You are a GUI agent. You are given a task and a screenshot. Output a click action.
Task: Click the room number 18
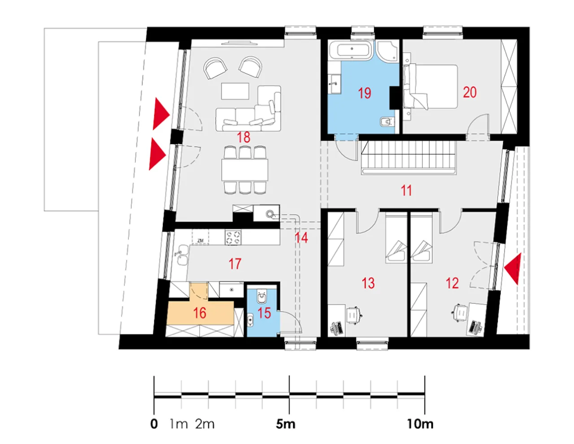(244, 138)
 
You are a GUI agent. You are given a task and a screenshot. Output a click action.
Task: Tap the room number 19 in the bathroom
(365, 93)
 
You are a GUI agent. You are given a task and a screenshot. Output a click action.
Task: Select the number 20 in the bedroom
(470, 92)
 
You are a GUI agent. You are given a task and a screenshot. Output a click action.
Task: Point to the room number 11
(406, 190)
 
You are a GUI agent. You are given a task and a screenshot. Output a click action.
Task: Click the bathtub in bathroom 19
(351, 50)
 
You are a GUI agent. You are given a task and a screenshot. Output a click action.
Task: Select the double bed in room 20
(430, 87)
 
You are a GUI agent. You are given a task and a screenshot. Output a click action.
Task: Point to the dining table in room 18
(244, 170)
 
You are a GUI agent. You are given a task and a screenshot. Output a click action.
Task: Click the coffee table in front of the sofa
(235, 91)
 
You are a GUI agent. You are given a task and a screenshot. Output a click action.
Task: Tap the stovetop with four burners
(233, 237)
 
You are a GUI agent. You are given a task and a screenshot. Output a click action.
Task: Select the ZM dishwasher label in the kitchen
(200, 241)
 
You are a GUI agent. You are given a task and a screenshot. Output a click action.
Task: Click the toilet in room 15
(262, 297)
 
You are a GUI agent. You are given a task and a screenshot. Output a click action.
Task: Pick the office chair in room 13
(354, 315)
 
